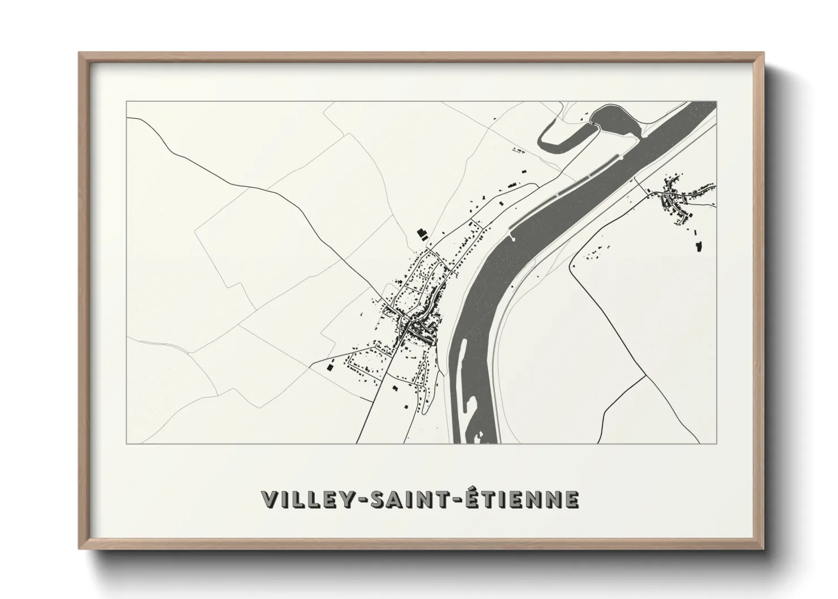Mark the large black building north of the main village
421,233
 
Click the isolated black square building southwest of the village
330,367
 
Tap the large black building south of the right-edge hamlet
698,246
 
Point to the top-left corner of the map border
127,102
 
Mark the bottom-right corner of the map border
716,443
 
